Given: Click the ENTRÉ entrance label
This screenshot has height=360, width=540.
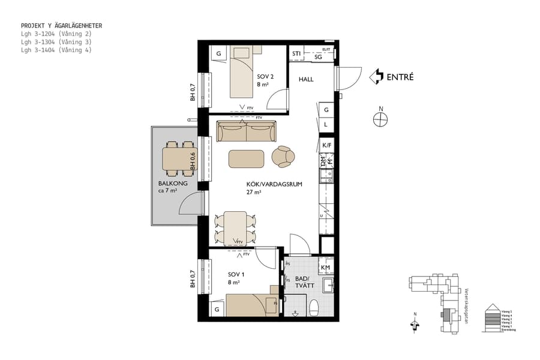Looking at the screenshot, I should pos(400,77).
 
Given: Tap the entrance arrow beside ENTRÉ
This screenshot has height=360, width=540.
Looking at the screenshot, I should pos(376,76).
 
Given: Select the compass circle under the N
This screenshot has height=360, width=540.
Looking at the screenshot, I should pos(380,120).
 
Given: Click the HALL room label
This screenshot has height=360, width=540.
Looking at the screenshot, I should pos(306,79).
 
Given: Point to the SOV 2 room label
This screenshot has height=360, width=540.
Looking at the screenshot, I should pos(265,77).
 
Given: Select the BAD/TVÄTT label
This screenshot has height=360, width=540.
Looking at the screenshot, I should pos(302,282).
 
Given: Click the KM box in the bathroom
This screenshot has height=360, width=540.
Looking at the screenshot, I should pos(326,268).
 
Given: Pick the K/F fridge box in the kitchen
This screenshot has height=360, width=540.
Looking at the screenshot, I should pos(327,145).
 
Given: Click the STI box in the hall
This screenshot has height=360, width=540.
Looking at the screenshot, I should pos(296,55).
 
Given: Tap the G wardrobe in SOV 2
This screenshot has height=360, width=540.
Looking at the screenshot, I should pos(219,55).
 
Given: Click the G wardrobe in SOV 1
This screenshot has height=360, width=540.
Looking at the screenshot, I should pos(217,310).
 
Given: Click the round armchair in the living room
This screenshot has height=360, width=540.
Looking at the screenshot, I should pos(283,157).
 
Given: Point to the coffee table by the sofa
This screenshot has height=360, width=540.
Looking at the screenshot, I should pos(247,158).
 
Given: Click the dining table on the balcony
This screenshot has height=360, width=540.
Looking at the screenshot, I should pos(177,160).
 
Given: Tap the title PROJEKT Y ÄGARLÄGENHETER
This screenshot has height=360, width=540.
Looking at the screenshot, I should pos(61,26).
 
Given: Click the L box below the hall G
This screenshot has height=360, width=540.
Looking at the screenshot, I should pos(326,125).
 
